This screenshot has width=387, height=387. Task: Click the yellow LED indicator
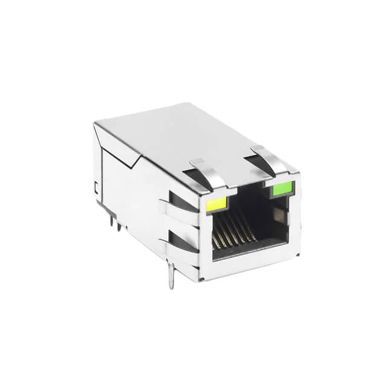[216, 204]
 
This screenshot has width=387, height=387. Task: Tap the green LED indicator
[282, 189]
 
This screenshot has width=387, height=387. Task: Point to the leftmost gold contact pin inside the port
[216, 242]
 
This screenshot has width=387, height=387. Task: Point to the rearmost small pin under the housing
[112, 221]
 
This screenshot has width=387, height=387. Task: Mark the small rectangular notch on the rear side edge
[96, 188]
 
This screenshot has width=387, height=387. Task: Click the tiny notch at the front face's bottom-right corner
[296, 254]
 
